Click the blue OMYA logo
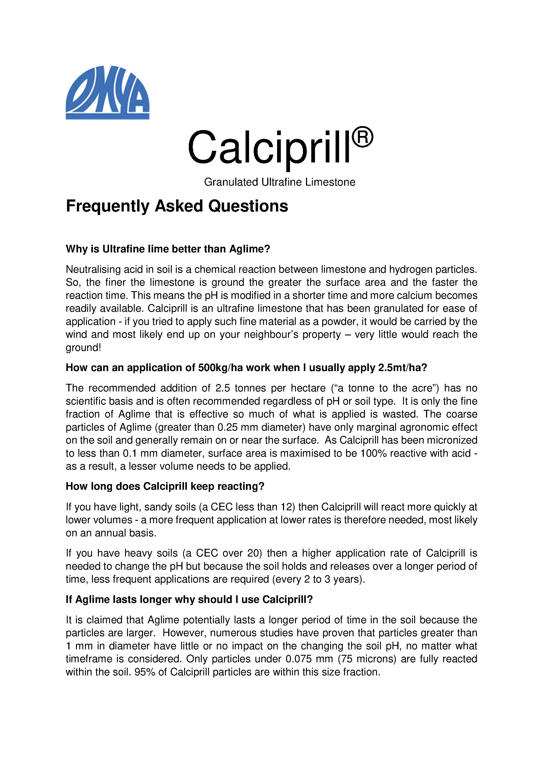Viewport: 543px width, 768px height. pos(107,92)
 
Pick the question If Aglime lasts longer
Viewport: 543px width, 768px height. pos(189,599)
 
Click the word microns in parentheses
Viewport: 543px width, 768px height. pos(375,659)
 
